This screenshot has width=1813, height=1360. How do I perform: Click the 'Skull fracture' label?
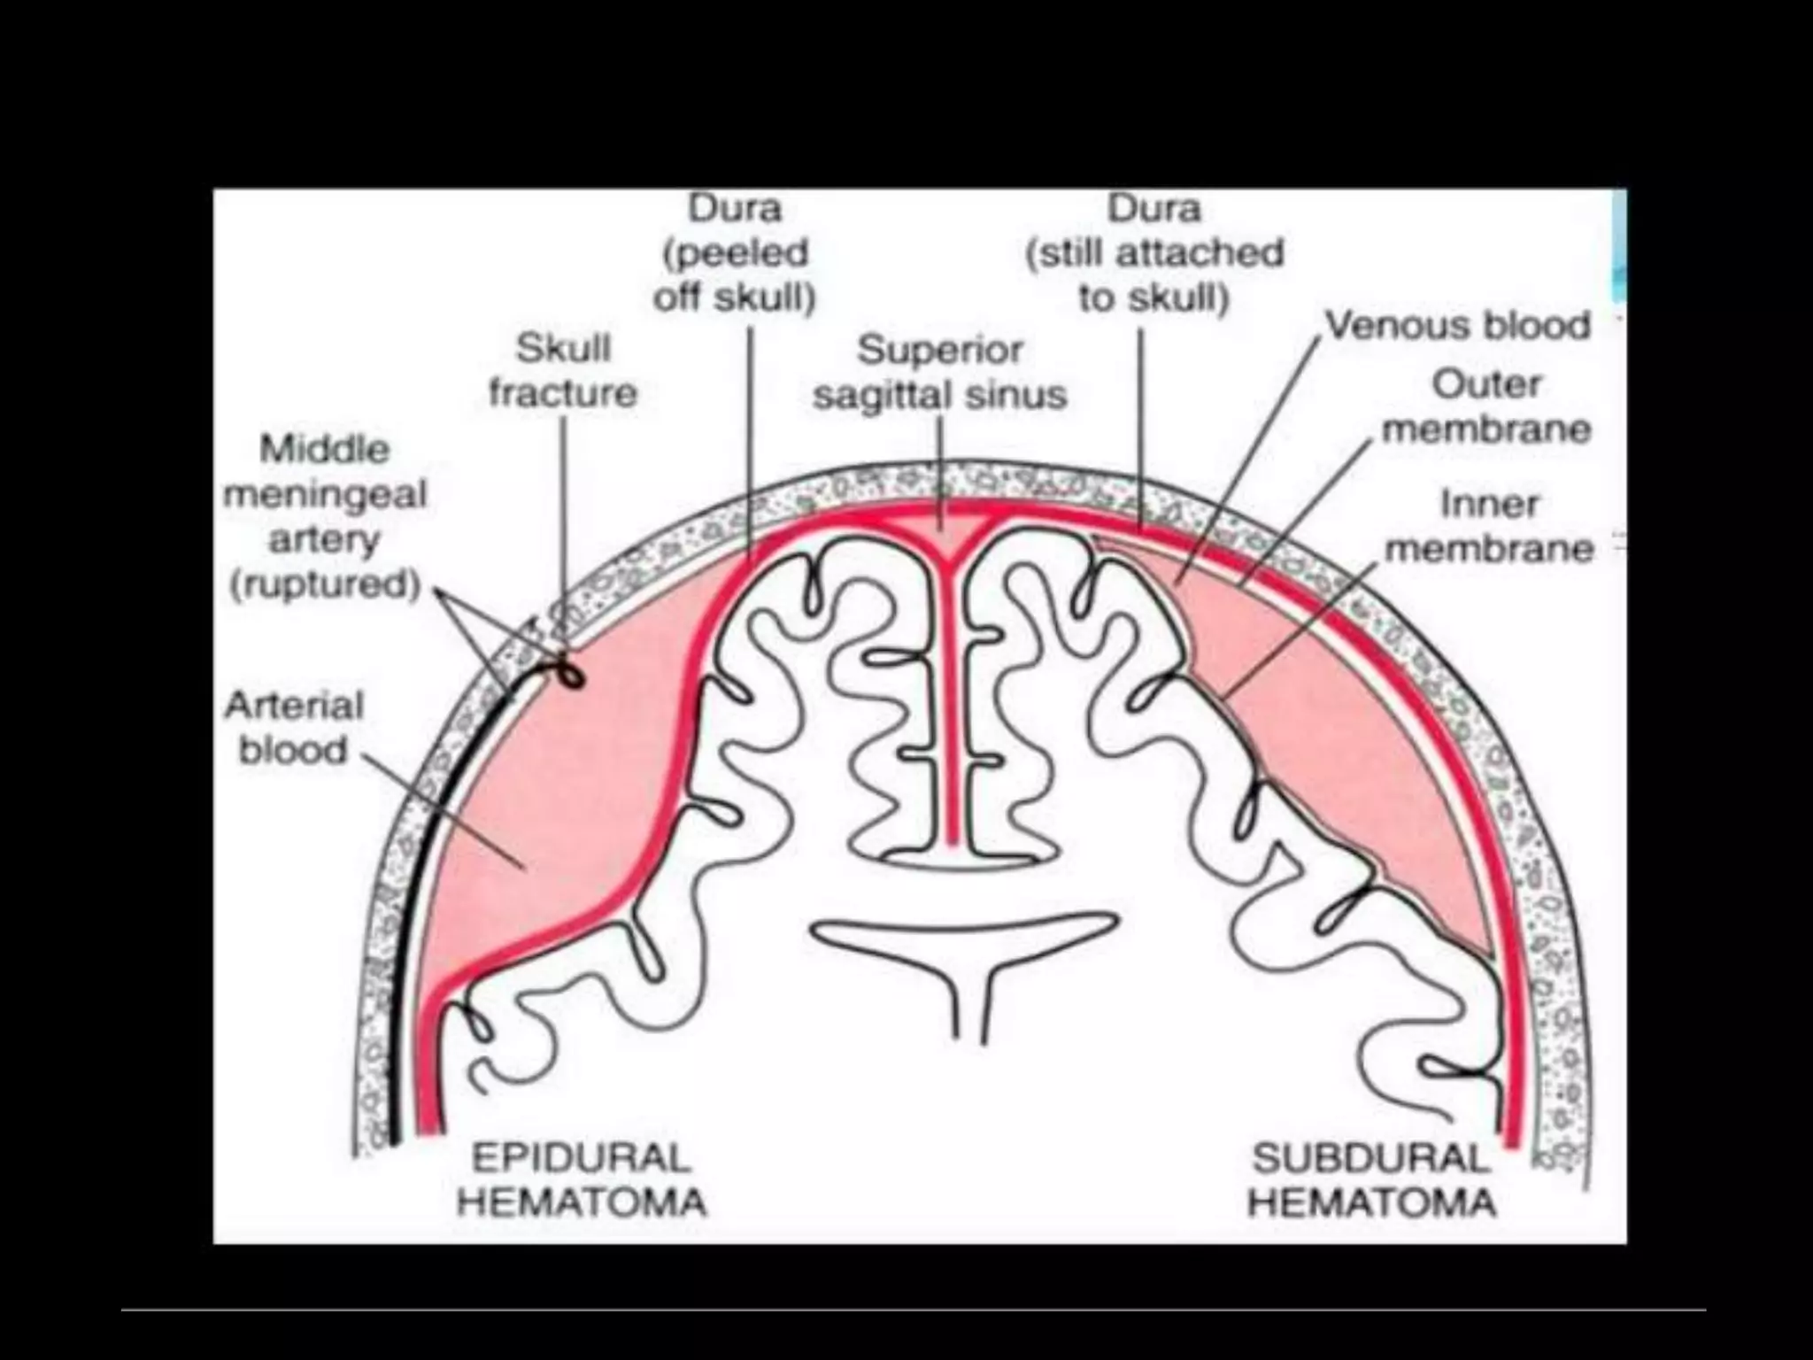[x=563, y=371]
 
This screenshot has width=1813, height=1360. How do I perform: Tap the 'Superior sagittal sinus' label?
[x=940, y=373]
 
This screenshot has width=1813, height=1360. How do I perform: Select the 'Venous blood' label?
[x=1457, y=326]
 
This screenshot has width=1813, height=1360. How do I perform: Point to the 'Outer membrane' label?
[x=1486, y=407]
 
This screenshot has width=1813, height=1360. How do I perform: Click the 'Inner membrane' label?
[x=1489, y=526]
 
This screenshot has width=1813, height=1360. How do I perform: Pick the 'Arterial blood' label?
[x=294, y=728]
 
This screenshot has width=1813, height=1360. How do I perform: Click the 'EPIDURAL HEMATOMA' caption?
[x=581, y=1180]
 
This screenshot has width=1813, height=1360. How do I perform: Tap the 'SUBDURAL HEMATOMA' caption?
[x=1371, y=1180]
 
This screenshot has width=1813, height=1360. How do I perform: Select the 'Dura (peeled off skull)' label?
[x=735, y=253]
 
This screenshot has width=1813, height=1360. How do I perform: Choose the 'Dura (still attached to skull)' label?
[x=1154, y=253]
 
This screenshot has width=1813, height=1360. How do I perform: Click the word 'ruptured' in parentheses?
[x=324, y=585]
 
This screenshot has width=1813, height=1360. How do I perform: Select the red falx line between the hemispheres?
[x=951, y=708]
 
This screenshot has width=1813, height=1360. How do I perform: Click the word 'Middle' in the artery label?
[x=325, y=450]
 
